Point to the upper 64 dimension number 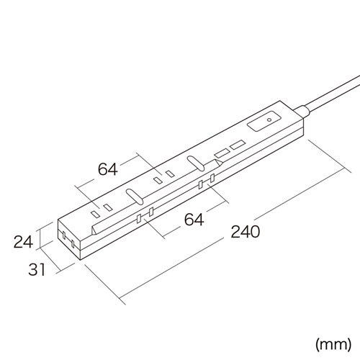point(108,169)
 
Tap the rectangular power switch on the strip point(263,124)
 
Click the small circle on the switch point(269,120)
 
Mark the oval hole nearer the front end point(132,195)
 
